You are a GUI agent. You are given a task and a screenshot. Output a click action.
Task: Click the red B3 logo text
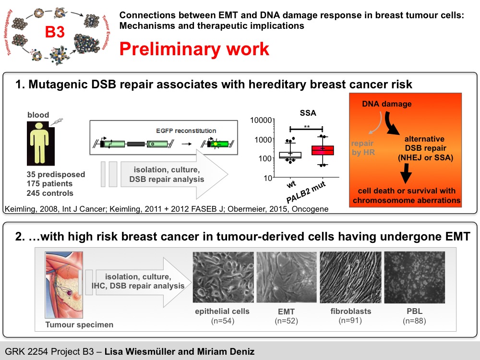pos(55,32)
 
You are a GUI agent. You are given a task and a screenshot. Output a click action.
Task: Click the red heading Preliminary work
pos(194,49)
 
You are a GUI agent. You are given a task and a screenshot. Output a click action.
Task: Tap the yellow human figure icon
pos(39,143)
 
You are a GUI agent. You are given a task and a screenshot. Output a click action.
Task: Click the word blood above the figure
pos(38,115)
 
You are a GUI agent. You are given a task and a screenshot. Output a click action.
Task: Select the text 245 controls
pos(50,193)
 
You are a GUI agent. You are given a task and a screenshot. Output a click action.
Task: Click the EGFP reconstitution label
pos(186,131)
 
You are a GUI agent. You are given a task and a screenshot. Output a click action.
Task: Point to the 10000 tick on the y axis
pos(261,120)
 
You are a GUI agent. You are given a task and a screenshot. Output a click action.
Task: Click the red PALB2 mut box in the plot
pos(323,150)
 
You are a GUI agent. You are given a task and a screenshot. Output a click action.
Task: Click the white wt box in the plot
pos(290,155)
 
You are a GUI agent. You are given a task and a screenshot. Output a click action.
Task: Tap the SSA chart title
pos(308,113)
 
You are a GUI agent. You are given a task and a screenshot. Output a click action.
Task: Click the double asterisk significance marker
pos(307,127)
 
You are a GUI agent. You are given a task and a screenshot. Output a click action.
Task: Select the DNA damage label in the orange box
pos(386,104)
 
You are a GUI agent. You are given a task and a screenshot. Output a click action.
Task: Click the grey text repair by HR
pos(363,148)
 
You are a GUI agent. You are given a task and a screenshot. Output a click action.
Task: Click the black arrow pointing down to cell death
pos(406,173)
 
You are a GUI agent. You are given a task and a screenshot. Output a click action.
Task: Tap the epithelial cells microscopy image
pos(223,277)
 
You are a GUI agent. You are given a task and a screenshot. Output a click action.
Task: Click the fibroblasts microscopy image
pos(350,277)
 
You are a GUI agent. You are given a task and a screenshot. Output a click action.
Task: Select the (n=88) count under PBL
pos(414,321)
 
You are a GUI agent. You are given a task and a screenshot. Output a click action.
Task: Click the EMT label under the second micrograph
pos(286,312)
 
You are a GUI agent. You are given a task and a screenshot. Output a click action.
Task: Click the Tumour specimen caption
pos(79,324)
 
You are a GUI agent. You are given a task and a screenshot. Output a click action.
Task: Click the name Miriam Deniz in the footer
pos(226,351)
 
